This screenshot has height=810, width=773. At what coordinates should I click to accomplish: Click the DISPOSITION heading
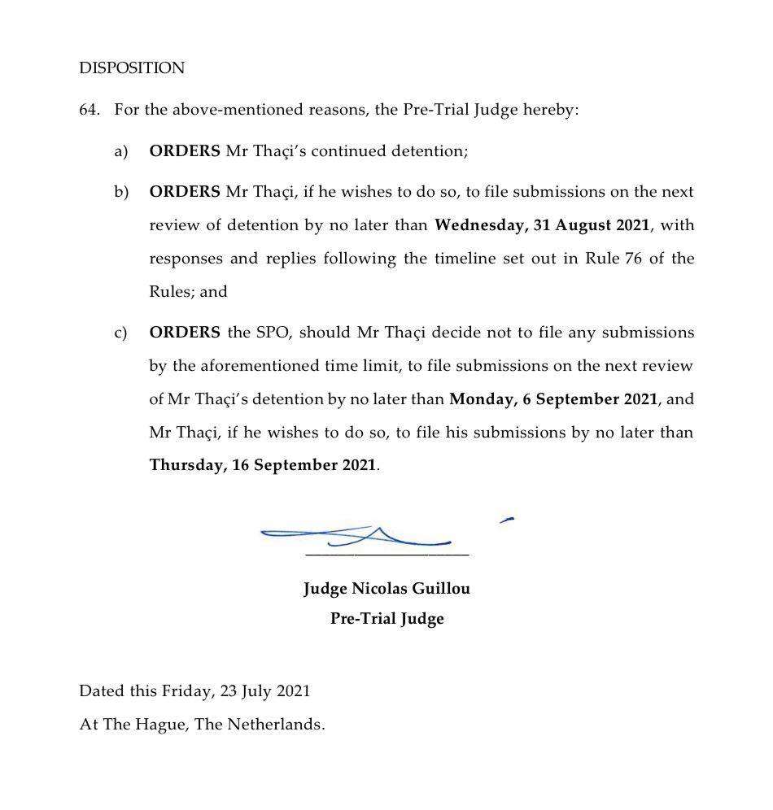[x=132, y=68]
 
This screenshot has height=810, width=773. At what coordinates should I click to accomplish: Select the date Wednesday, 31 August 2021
[x=542, y=225]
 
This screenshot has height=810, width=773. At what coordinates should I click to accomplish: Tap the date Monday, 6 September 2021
[x=553, y=399]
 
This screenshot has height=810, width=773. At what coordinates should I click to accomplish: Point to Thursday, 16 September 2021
[x=263, y=466]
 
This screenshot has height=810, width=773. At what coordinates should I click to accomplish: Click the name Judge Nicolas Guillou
[x=386, y=589]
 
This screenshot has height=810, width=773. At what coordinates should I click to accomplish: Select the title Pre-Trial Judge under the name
[x=386, y=619]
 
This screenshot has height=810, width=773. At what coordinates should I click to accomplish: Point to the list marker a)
[x=121, y=151]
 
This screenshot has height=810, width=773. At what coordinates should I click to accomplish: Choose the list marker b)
[x=121, y=193]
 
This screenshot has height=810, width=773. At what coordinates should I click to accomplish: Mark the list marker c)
[x=121, y=333]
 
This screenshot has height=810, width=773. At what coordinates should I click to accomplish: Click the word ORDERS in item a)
[x=185, y=151]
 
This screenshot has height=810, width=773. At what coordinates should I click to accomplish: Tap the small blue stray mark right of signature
[x=507, y=519]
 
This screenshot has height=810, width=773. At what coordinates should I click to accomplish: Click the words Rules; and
[x=188, y=292]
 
